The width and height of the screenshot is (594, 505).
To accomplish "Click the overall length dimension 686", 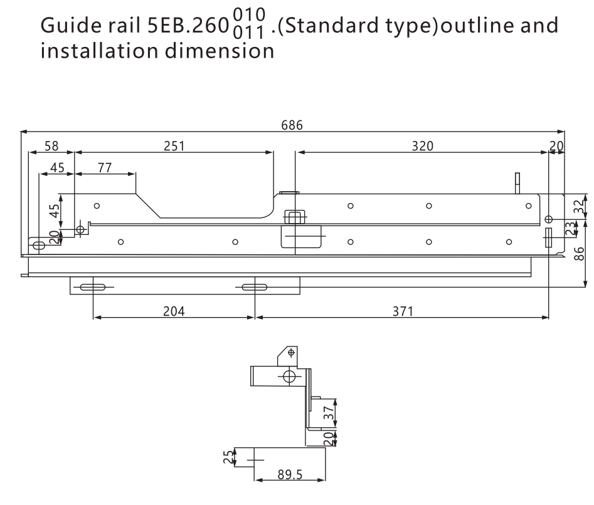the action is pos(292,125).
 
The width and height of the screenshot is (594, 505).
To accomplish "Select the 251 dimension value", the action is pos(174,146).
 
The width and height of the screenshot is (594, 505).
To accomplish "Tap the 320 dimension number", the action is pos(422,146).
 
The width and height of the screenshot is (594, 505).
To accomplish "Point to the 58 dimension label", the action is pos(51,146).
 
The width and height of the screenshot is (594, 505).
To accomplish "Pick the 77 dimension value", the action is pos(105,167).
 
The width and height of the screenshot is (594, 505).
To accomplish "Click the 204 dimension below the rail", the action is pos(174,311).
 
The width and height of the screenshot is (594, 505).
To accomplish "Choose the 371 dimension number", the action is pos(403,311).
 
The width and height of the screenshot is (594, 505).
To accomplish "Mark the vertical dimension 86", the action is pos(579,254).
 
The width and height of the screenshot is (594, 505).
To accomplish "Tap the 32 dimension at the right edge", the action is pos(579,207).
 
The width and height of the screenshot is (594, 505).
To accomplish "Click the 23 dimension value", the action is pos(570,229).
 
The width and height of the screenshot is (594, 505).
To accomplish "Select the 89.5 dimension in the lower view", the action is pos(290,475).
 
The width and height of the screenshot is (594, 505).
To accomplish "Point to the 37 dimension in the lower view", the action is pos(329,413).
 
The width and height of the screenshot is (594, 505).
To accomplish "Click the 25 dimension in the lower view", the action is pos(228,457).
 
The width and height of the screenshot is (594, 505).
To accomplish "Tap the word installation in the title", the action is pos(99,50).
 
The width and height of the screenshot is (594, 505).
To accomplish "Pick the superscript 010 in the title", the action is pos(249,15).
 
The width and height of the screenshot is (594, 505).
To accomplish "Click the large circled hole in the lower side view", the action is pos(289,377).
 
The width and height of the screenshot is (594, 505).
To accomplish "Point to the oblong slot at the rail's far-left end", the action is pos(39,246).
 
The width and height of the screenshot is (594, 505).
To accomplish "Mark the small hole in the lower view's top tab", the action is pos(291,353).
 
